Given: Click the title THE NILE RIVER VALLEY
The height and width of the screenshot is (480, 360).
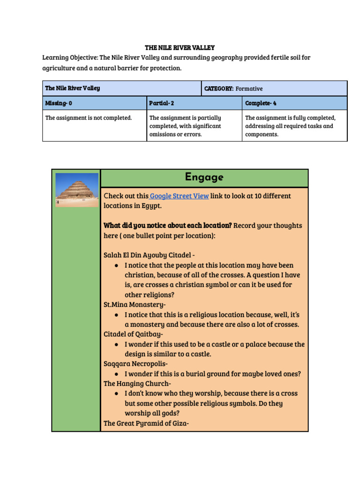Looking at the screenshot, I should (180, 48).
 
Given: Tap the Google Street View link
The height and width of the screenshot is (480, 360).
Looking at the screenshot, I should (179, 196).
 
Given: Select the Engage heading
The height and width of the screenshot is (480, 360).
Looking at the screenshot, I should (204, 178).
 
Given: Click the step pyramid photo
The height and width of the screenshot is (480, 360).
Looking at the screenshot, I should (76, 190).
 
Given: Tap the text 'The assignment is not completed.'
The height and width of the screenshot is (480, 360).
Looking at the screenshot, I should (89, 118).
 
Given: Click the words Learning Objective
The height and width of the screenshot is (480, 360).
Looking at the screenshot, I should (70, 58).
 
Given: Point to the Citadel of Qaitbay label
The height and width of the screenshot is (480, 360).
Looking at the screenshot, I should (134, 334).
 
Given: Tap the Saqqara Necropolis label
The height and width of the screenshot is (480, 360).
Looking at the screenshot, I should (135, 364).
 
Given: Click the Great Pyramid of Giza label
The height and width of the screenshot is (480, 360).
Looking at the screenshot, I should (146, 423).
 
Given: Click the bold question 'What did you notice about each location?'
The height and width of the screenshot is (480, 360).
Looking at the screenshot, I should (167, 225).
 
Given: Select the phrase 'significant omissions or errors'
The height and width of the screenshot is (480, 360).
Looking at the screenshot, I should (185, 130).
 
